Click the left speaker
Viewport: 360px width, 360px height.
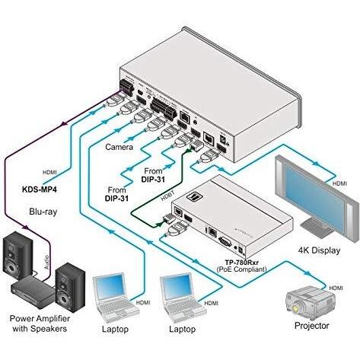(17, 260)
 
